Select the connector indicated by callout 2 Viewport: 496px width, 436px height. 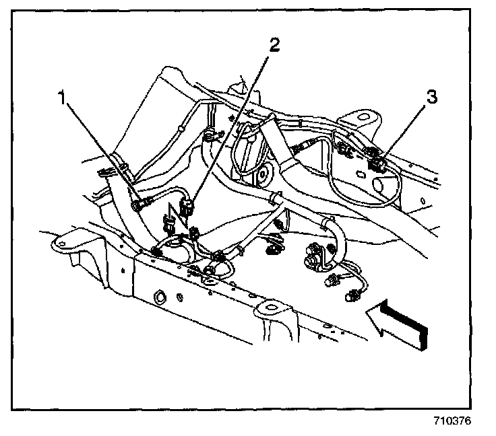coord(191,205)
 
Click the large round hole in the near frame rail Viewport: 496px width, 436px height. coord(162,296)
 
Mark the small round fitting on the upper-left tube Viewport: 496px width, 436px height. coord(182,126)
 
